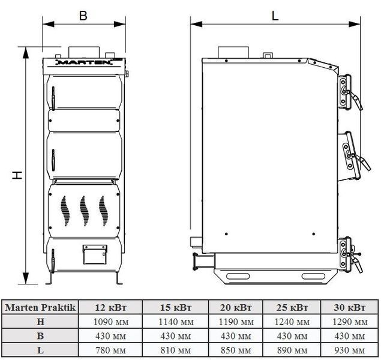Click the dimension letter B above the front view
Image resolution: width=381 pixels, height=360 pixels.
83,16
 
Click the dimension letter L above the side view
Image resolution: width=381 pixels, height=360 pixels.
275,16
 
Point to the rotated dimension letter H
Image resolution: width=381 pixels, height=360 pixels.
17,175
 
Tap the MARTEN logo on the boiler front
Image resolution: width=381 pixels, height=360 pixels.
84,62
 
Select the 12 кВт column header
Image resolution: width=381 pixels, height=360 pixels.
110,308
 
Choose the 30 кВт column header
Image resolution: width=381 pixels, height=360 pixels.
349,308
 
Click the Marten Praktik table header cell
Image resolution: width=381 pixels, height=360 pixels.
40,308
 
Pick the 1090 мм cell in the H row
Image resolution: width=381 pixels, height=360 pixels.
111,322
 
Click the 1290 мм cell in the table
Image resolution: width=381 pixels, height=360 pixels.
350,322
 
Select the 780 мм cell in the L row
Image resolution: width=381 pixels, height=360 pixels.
111,350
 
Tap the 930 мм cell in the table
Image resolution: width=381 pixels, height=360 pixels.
350,350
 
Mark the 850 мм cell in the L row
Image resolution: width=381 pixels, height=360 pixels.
236,350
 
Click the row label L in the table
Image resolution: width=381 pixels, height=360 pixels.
40,350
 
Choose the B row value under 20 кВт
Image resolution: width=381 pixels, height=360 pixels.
236,336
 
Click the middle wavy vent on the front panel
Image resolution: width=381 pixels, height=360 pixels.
84,211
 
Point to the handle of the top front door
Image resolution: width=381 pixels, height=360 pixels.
53,98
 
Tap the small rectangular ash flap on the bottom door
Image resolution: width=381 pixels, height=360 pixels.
95,254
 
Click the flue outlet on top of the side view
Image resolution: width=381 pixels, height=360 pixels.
233,52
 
